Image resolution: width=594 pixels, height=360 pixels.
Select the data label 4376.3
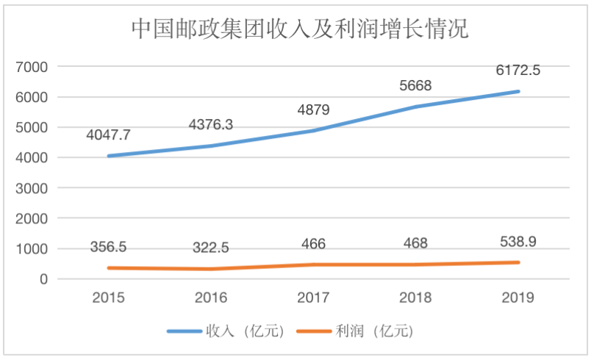pos(211,125)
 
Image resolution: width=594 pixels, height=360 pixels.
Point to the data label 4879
pos(313,109)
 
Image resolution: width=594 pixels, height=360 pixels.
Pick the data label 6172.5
pos(518,71)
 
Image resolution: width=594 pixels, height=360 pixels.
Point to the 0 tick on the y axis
pos(44,279)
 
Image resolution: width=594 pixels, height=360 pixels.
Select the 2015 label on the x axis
pos(109,298)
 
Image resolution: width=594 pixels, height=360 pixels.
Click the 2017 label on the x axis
pos(313,298)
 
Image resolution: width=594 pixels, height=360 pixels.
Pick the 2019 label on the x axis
pos(518,298)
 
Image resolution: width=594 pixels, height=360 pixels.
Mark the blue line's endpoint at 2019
pos(518,92)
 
